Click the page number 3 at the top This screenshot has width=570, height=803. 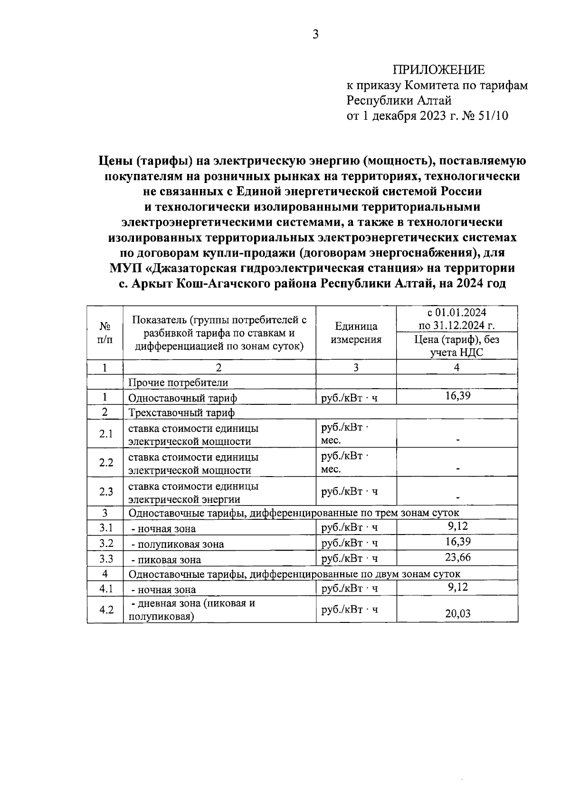click(x=315, y=34)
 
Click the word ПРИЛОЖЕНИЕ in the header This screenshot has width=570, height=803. click(x=438, y=70)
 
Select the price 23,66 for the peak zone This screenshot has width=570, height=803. click(x=457, y=557)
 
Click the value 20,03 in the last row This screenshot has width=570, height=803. click(x=457, y=613)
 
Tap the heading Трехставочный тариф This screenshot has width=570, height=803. click(x=181, y=412)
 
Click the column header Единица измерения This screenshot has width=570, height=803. click(x=356, y=333)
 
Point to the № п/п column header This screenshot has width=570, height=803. click(x=105, y=333)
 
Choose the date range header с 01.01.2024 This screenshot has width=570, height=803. click(x=457, y=313)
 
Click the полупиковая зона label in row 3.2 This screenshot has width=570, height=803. click(x=177, y=545)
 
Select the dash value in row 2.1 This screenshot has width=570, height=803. click(x=457, y=440)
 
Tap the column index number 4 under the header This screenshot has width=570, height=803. click(x=457, y=367)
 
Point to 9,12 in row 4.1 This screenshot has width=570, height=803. click(x=457, y=587)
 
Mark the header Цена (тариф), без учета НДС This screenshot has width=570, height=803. click(x=457, y=345)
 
